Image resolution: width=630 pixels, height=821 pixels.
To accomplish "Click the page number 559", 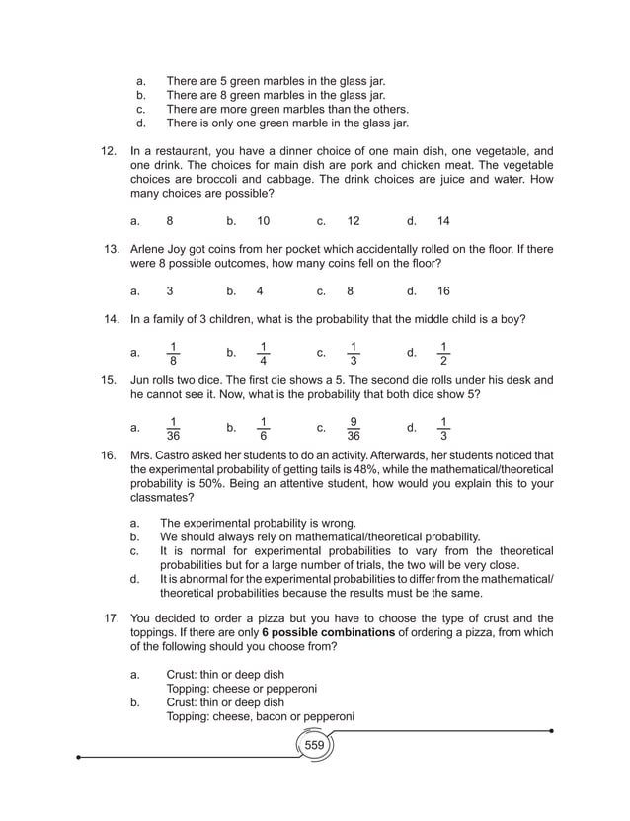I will (314, 744).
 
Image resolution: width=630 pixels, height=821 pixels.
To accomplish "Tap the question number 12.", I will (109, 150).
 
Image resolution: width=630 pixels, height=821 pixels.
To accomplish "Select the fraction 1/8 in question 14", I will (173, 352).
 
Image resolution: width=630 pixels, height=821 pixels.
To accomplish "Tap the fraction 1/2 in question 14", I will (443, 352).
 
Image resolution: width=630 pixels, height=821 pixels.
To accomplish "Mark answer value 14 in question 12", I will (442, 221).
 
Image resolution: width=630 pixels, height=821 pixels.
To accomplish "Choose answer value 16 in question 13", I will (442, 291).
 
